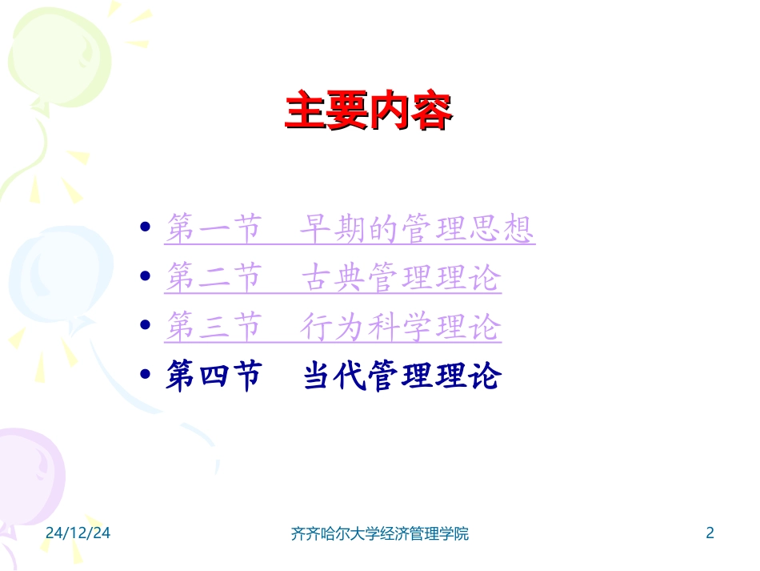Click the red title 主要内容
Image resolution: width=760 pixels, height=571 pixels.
point(369,112)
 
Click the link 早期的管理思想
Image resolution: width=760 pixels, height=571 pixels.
point(416,230)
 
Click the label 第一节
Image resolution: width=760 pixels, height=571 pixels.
point(213,230)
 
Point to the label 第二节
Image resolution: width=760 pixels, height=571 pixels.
point(213,278)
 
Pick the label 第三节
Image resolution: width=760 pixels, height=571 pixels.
point(213,327)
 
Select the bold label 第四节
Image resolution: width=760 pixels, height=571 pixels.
point(213,376)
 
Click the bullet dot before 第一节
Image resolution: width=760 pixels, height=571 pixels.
point(145,227)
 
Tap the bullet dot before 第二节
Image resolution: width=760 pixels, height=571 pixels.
point(145,276)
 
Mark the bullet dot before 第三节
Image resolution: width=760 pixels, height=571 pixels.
point(145,325)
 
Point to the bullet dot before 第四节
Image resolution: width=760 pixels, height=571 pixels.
point(145,374)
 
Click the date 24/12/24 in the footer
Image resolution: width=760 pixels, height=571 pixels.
point(78,533)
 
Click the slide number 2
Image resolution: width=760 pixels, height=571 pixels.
point(709,533)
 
